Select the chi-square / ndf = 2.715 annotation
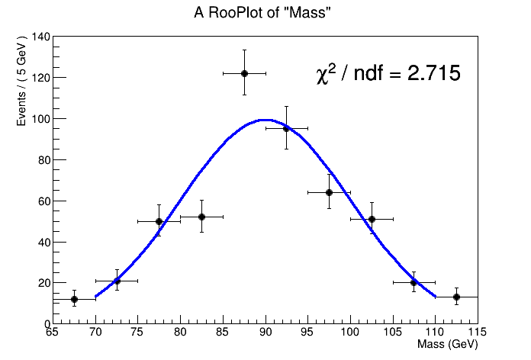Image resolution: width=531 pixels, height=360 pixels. pos(388,74)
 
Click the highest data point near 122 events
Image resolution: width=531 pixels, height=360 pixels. pos(244,73)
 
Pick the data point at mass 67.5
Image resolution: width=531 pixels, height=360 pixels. pos(74,299)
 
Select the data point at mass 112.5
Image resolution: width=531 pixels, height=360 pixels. pos(456,297)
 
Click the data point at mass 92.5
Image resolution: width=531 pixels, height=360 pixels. pos(286,128)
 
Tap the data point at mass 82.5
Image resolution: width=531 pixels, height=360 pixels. pos(201,217)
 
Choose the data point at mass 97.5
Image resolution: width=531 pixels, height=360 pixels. pos(329,192)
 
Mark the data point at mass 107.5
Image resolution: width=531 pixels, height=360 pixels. pos(414,282)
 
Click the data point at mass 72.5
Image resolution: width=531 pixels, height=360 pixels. pos(117,281)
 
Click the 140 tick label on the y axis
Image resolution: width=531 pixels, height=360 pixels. pos(40,37)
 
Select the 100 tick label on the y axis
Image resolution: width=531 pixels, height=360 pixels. pos(40,119)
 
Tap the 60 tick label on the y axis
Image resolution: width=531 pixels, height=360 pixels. pos(43,201)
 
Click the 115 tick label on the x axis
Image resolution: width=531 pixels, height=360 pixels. pos(477,333)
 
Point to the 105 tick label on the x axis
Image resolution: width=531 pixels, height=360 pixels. pos(392,333)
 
